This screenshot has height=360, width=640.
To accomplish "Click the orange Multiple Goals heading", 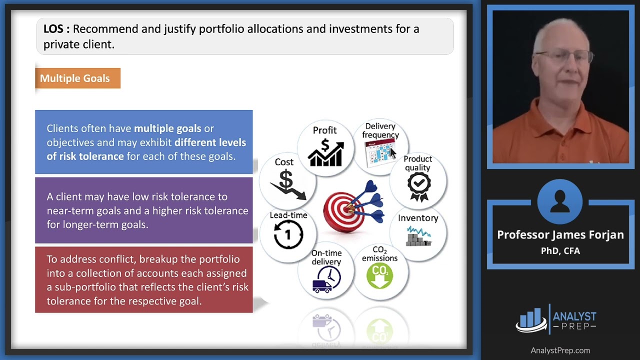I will [x=75, y=78].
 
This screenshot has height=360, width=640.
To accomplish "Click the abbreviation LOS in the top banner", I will [x=53, y=29].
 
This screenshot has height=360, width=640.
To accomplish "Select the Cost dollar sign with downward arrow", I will [x=287, y=184].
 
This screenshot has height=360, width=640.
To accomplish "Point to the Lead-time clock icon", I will [x=288, y=234].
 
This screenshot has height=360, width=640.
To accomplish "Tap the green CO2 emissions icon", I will [x=379, y=276].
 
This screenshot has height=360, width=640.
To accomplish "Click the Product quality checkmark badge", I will [x=418, y=185].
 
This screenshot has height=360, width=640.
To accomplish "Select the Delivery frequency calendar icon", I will [x=379, y=153].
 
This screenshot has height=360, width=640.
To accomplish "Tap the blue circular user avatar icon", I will [x=560, y=202].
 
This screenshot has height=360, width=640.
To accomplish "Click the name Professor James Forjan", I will [x=560, y=234].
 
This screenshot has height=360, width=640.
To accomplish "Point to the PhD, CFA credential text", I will [x=560, y=251].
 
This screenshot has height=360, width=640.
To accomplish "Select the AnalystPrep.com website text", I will [x=560, y=350].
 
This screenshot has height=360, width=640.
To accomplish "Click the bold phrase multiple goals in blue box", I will [x=167, y=128].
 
